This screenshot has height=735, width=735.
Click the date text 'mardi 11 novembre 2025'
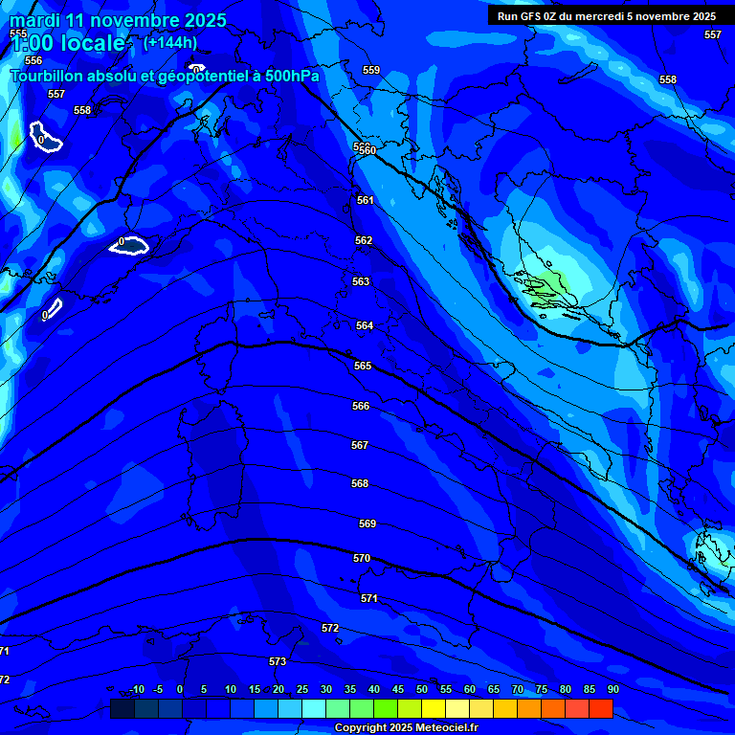(x=118, y=20)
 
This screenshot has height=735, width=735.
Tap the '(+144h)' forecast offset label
(x=170, y=42)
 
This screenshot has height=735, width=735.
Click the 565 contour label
(x=363, y=366)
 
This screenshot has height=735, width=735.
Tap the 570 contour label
(x=362, y=558)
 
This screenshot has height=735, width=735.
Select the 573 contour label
(x=278, y=661)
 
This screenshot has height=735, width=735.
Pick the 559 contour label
(x=371, y=70)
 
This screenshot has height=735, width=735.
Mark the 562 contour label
(x=364, y=240)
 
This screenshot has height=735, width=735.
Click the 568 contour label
(x=360, y=483)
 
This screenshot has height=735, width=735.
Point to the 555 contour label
(x=18, y=33)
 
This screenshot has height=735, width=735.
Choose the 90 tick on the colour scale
(x=612, y=690)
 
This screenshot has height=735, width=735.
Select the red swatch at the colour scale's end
(x=600, y=708)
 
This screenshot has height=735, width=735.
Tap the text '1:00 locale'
(x=67, y=43)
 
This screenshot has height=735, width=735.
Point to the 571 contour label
(x=369, y=597)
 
